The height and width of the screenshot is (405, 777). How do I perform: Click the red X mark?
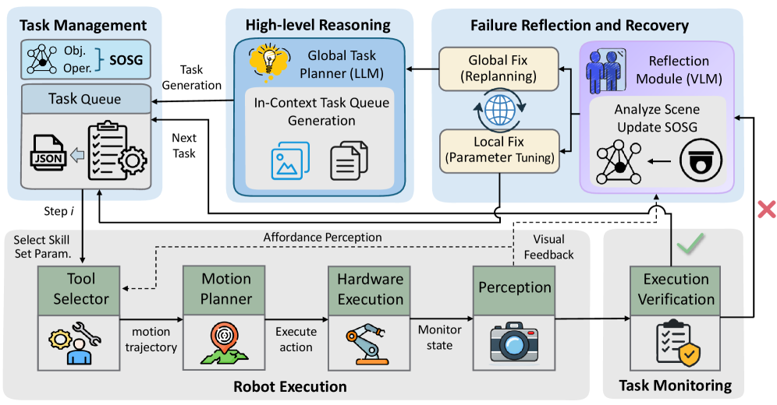pyautogui.click(x=767, y=209)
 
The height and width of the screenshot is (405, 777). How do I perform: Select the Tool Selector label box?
pyautogui.click(x=80, y=288)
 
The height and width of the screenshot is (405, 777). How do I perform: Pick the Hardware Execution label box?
pyautogui.click(x=371, y=288)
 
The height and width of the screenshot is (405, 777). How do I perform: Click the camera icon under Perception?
pyautogui.click(x=514, y=340)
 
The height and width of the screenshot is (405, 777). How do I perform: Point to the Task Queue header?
pyautogui.click(x=85, y=99)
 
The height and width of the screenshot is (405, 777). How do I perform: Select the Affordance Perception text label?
pyautogui.click(x=323, y=237)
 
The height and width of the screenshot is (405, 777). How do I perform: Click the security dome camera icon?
pyautogui.click(x=697, y=161)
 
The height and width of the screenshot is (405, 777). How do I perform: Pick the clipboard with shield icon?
pyautogui.click(x=673, y=342)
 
